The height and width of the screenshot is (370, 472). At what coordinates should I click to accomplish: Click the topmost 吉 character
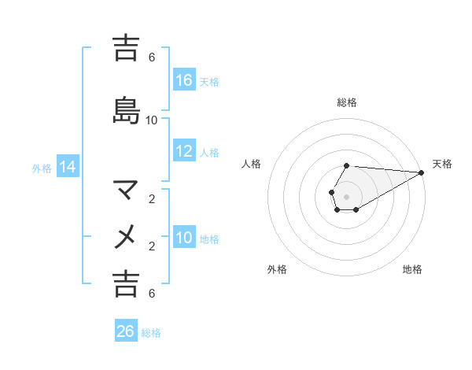pos(126,48)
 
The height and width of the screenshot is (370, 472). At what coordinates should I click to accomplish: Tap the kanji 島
pos(126,110)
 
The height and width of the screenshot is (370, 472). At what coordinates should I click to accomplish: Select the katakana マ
pos(126,189)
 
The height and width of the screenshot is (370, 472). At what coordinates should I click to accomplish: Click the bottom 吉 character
pos(126,283)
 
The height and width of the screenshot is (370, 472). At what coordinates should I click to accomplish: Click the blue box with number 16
pos(184,80)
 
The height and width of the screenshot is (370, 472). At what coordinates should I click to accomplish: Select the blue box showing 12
pos(184,152)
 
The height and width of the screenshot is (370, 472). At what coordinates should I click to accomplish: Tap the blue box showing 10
pos(184,239)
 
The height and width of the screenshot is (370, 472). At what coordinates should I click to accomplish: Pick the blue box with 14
pos(68,167)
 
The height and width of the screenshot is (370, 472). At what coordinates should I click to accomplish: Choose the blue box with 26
pos(126,331)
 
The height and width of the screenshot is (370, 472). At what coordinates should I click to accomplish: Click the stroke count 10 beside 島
pos(152,120)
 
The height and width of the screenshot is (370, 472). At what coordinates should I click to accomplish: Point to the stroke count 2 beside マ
pos(152,199)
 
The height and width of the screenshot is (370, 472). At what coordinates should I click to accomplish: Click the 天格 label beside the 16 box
pos(209,81)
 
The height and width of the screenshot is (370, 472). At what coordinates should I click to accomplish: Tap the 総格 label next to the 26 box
pos(151,332)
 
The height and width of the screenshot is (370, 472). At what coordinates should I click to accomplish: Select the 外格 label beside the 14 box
pos(42,168)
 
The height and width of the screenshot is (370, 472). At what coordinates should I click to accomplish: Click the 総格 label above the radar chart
pos(347,102)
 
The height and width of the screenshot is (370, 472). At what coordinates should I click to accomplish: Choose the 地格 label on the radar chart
pos(412,270)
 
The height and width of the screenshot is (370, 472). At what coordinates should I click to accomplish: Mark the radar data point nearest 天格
pos(422,172)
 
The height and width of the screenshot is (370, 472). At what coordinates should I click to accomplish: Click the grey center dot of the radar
pos(347,196)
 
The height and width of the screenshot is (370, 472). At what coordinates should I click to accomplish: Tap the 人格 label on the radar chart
pos(252,164)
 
